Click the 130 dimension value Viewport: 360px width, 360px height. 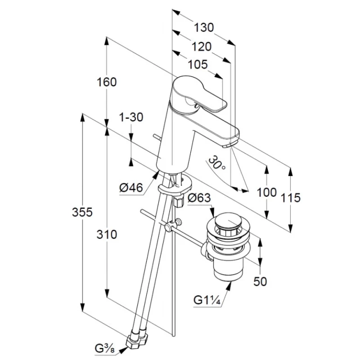point(204,27)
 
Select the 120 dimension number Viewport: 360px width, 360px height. point(201,47)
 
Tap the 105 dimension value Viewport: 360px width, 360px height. point(198,64)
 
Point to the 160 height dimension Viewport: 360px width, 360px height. point(107,82)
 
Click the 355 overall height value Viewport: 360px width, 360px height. point(82,212)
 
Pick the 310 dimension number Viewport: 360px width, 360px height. point(107,234)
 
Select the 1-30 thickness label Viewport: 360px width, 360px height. point(131,117)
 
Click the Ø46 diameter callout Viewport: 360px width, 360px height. point(131,188)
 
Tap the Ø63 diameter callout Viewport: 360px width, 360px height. point(199,198)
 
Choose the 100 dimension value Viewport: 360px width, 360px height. point(266,192)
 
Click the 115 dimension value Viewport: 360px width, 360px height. point(291,198)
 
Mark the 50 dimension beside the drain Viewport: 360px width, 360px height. point(260,281)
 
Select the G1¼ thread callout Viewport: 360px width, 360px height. point(207,300)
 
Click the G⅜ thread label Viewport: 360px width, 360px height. point(105,348)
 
